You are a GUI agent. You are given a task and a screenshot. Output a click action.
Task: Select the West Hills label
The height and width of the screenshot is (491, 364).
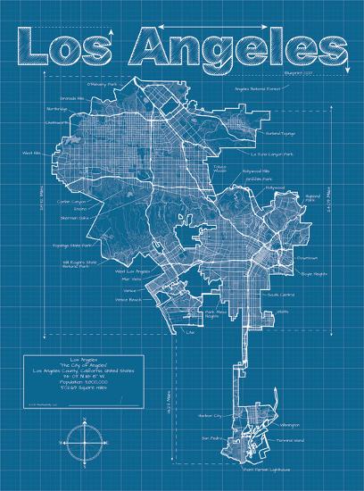point(32,154)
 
